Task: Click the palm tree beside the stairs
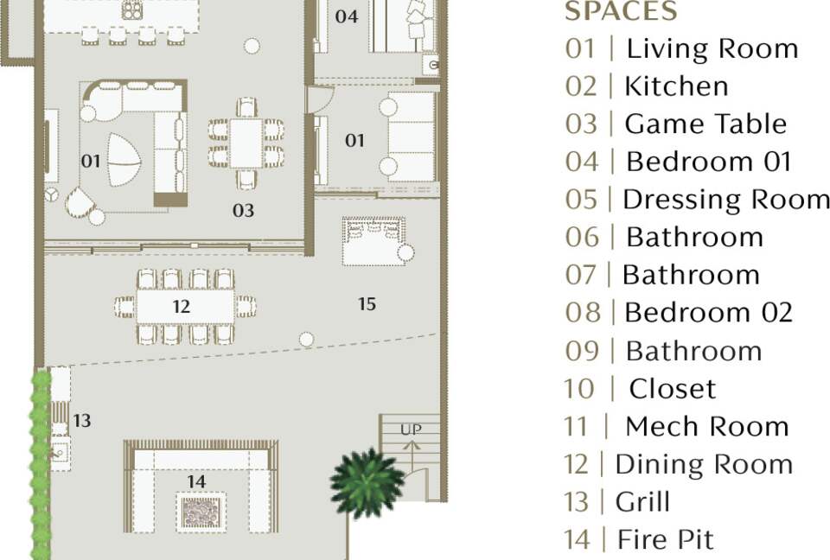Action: click(366, 483)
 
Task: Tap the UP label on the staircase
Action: click(412, 430)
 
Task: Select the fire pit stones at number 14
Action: click(201, 511)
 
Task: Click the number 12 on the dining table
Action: click(181, 307)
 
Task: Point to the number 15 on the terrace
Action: click(367, 304)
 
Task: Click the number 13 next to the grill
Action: click(81, 421)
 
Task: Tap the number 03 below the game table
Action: click(243, 211)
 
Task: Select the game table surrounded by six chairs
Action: click(246, 143)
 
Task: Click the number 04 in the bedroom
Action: click(347, 16)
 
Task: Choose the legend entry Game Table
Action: click(676, 124)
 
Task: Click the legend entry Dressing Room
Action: click(697, 200)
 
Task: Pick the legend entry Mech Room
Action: click(677, 426)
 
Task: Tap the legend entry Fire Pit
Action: click(639, 539)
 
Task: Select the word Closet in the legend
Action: click(673, 389)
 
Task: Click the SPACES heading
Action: click(621, 11)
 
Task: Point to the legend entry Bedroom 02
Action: click(680, 312)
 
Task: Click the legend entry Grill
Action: click(617, 502)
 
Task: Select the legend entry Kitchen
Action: click(647, 86)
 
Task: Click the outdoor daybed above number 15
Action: click(374, 241)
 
